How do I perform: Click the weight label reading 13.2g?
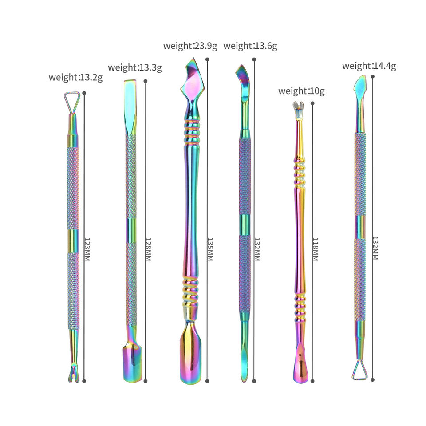click(x=75, y=77)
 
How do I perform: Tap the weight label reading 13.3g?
click(x=135, y=67)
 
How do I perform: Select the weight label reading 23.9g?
click(x=190, y=46)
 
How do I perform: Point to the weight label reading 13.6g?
click(x=250, y=46)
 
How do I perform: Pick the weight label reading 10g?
click(x=301, y=91)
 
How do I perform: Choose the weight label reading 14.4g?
click(x=369, y=66)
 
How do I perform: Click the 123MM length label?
click(x=87, y=249)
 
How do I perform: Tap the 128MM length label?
click(x=148, y=249)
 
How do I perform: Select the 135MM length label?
click(x=210, y=249)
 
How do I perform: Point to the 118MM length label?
click(x=315, y=249)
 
